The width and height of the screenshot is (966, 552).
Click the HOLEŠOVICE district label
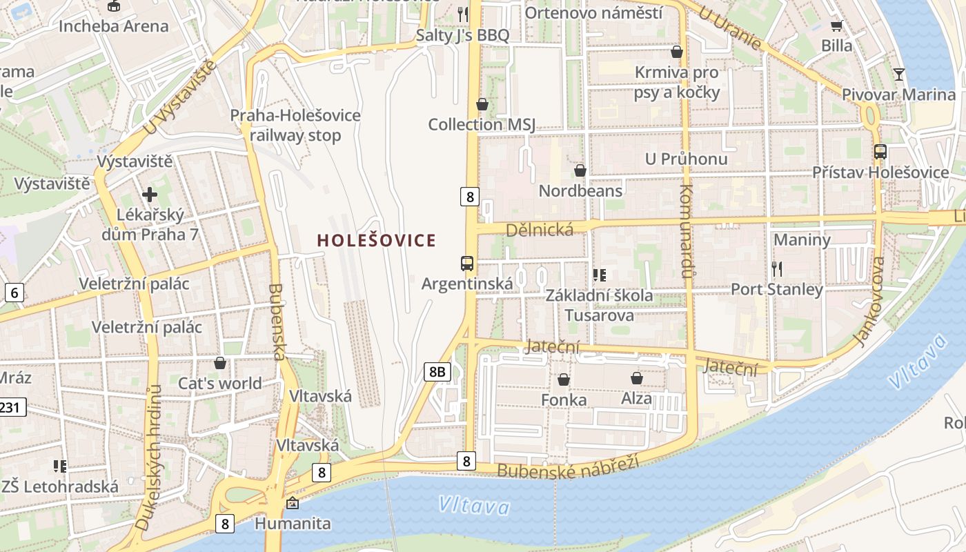pos(377,240)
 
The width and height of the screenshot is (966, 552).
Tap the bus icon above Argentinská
pos(467,263)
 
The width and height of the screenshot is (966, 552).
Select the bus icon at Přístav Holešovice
pos(880,152)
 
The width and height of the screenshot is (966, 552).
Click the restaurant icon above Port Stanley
pos(777,268)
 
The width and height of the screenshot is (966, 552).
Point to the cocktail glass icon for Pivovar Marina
pos(898,74)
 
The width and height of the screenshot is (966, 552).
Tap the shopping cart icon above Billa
pos(837,26)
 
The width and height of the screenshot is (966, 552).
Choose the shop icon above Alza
pos(636,378)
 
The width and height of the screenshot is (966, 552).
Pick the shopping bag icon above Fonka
pos(564,379)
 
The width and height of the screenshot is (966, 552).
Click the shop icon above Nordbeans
pos(580,170)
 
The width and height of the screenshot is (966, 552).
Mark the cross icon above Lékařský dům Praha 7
pos(150,195)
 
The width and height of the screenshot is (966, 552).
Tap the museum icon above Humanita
pos(293,503)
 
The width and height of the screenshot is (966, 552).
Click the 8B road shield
pos(437,373)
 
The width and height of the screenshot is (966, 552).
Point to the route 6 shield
pos(14,293)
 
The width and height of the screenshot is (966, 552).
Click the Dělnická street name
pos(540,230)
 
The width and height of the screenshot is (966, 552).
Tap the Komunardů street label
pos(686,230)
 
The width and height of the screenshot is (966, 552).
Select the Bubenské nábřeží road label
pos(567,469)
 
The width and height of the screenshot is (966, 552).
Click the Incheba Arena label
pos(114,26)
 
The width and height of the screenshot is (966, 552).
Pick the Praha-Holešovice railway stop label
pos(295,125)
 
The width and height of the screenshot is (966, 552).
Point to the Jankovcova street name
pos(869,302)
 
